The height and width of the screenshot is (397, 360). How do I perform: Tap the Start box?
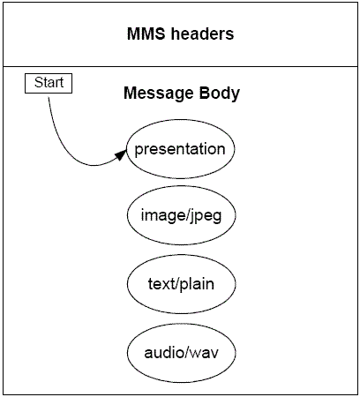(49, 83)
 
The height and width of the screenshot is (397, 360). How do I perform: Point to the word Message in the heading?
(154, 93)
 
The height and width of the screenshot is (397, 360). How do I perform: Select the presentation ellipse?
(180, 148)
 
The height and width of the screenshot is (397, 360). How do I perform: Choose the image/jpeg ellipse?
(180, 216)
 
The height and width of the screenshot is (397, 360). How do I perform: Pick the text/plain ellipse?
(180, 284)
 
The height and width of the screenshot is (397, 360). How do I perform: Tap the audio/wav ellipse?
(180, 353)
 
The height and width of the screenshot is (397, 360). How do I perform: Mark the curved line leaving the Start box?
(62, 132)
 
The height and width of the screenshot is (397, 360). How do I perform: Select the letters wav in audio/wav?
(203, 353)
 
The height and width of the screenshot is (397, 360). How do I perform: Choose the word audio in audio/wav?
(162, 353)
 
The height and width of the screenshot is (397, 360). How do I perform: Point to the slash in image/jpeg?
(183, 216)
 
